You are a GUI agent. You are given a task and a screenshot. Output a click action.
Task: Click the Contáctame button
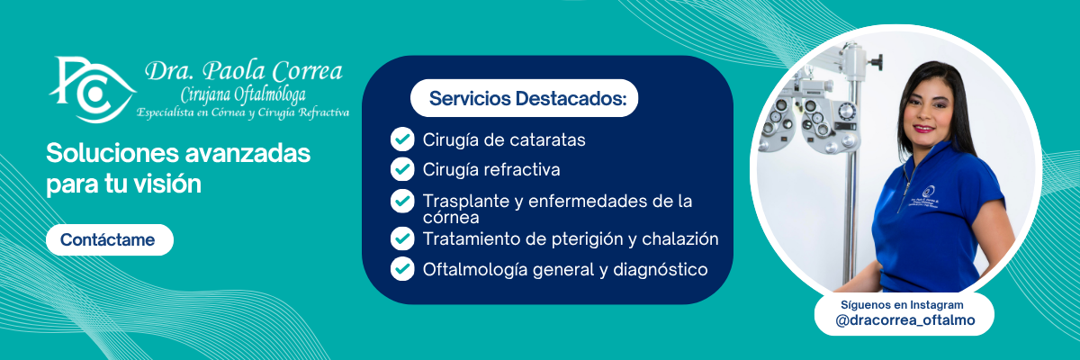tap(110, 239)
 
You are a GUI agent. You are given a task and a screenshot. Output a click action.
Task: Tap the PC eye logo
tap(92, 90)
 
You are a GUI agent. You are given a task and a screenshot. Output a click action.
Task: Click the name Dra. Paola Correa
tap(244, 71)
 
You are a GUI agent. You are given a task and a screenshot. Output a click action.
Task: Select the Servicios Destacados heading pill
tap(524, 98)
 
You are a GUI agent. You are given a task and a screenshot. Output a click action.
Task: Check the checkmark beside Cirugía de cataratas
tap(402, 139)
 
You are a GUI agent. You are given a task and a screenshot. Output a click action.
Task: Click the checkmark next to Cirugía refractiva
tap(402, 169)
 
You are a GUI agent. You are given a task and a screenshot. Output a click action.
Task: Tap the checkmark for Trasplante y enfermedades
tap(402, 201)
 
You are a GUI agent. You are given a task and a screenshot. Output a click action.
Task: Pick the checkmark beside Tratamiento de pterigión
tap(402, 238)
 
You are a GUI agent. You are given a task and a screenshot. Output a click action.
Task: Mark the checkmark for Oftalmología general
tap(402, 269)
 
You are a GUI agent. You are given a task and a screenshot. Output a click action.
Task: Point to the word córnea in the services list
tap(451, 218)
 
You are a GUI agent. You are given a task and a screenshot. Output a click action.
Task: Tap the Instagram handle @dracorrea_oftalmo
tap(905, 320)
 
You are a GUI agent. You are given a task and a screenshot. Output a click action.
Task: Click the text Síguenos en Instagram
tap(902, 304)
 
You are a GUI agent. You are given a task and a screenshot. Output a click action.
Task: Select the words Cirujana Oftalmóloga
tap(243, 94)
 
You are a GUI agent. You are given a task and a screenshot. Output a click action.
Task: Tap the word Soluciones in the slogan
tap(112, 153)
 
